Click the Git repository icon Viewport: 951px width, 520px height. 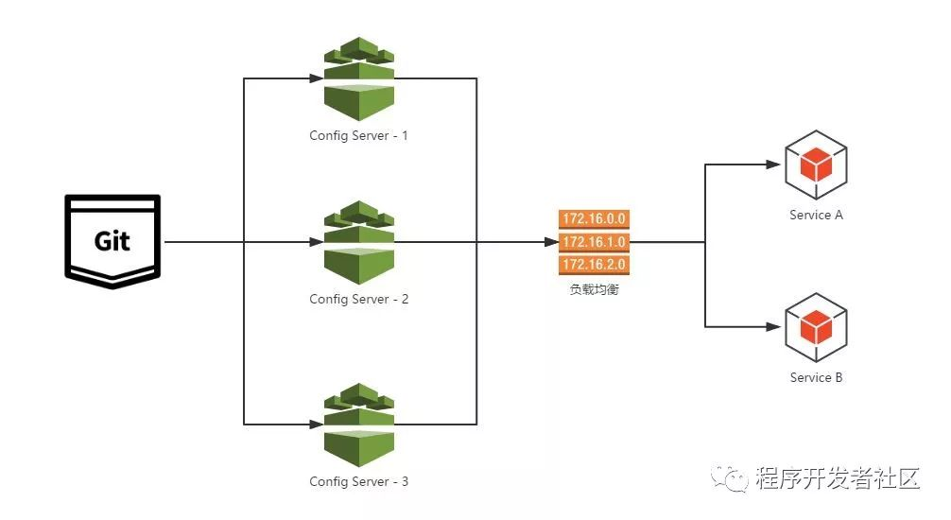click(x=112, y=241)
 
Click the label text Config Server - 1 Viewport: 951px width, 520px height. click(x=358, y=135)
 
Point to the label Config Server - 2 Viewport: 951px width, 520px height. click(x=358, y=299)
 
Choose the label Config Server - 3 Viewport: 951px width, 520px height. click(x=358, y=481)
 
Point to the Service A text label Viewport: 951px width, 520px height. click(x=816, y=215)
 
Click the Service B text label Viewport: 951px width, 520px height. click(x=816, y=377)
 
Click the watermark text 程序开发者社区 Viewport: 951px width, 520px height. click(x=838, y=479)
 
